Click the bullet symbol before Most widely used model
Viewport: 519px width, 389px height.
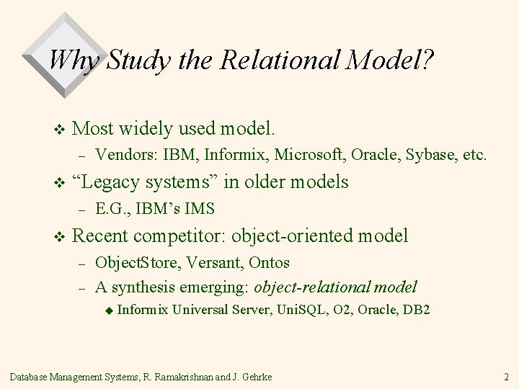click(60, 130)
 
